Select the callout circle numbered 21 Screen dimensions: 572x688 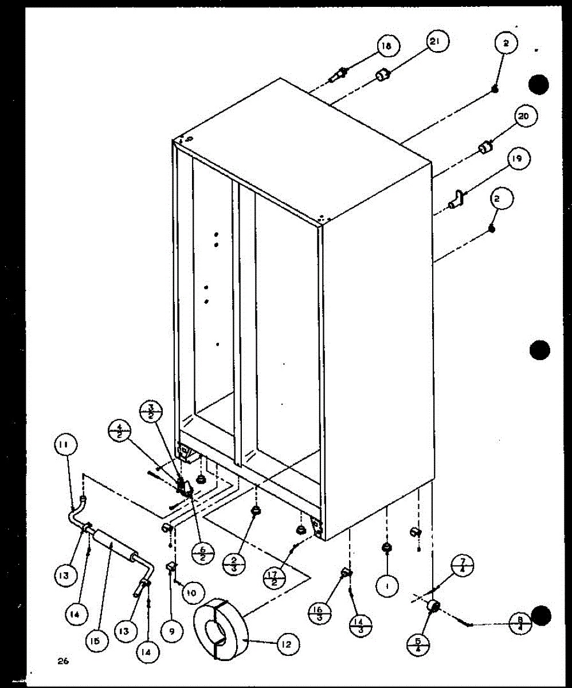coord(437,42)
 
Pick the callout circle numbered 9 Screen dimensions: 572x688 coord(172,631)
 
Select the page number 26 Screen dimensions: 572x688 coord(63,661)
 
